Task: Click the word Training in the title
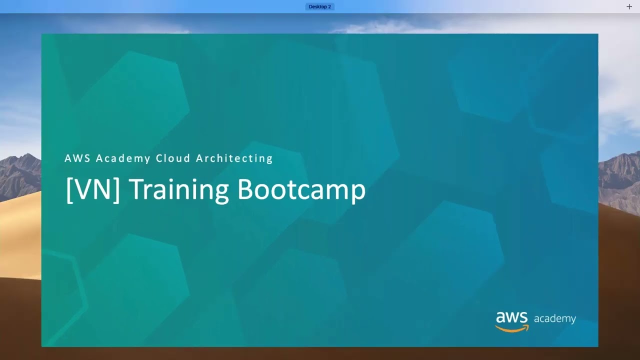coord(179,189)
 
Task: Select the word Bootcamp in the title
coord(301,189)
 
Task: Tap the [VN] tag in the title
coord(93,189)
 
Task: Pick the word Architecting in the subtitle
coord(234,158)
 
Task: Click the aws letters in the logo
coord(512,317)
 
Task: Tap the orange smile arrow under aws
coord(512,328)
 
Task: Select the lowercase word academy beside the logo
coord(555,319)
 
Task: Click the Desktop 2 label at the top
coord(319,6)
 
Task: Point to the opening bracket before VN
coord(68,190)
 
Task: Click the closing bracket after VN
coord(117,190)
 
